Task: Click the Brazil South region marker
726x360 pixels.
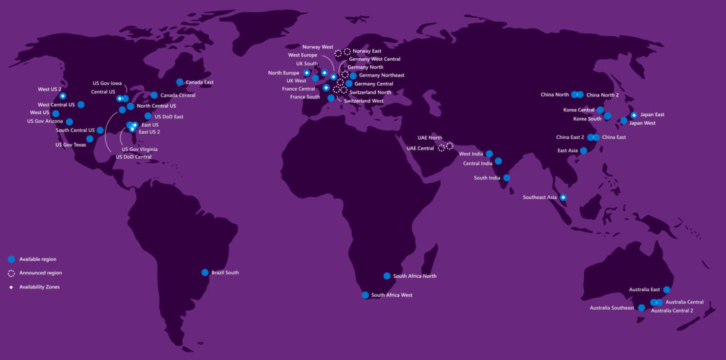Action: pos(205,272)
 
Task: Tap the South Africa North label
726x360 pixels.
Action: pos(415,276)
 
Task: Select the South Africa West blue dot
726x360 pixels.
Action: pos(365,295)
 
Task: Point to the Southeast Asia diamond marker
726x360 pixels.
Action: pos(563,197)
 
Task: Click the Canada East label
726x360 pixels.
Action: pos(199,82)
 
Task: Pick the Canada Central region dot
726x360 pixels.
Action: pos(154,95)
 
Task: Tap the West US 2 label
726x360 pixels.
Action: pos(50,89)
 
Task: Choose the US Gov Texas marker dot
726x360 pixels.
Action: pos(90,139)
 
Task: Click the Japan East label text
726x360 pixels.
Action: pos(652,114)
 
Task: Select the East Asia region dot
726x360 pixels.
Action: pos(583,150)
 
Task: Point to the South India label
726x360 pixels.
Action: pos(487,178)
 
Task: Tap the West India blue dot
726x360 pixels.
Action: pos(489,154)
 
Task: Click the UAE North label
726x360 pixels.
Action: pos(430,138)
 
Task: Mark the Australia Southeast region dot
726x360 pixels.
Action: pos(641,308)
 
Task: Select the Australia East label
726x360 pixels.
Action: pos(644,289)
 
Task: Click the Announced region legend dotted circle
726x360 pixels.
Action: pos(11,273)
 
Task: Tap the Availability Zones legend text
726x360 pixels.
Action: pos(39,287)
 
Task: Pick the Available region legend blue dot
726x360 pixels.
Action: pos(11,259)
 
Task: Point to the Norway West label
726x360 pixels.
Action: pos(317,47)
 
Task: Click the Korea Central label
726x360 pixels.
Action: pos(579,110)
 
